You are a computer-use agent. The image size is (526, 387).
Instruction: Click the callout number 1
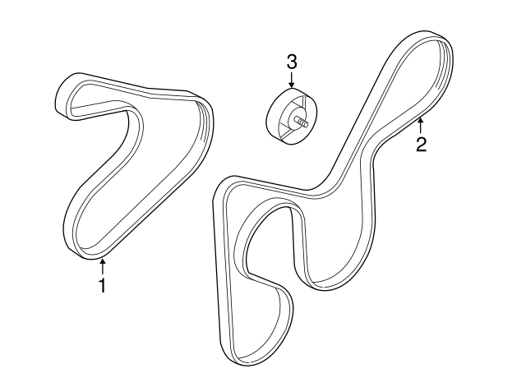click(x=102, y=285)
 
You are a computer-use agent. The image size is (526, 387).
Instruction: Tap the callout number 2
click(x=421, y=145)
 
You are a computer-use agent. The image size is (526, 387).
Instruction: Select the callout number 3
click(x=292, y=62)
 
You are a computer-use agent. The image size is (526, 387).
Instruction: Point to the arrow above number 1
click(x=103, y=266)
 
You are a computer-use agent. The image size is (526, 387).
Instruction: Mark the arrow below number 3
click(x=292, y=81)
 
